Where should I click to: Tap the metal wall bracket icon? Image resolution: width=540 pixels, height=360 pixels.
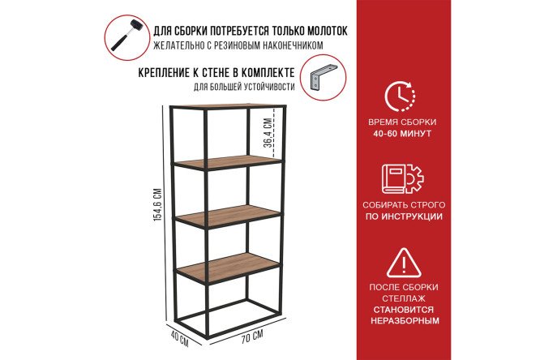[323, 78]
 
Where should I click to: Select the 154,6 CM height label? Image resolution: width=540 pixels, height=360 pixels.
[157, 204]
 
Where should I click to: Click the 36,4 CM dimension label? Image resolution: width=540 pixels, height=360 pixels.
[268, 133]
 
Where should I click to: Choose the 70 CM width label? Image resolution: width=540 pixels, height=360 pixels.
[251, 336]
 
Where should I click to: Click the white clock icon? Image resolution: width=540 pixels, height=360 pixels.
[400, 96]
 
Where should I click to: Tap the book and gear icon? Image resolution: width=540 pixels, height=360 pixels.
[403, 179]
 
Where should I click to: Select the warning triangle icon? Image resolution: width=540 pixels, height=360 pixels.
[404, 263]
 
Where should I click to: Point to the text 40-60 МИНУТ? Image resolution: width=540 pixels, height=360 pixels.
[402, 133]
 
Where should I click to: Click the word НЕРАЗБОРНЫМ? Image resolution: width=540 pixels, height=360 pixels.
[405, 321]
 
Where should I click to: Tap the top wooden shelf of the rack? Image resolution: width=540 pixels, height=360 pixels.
[229, 105]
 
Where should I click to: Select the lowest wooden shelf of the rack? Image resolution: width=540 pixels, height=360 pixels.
[228, 266]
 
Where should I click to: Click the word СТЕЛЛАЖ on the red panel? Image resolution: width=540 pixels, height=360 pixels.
[404, 298]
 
